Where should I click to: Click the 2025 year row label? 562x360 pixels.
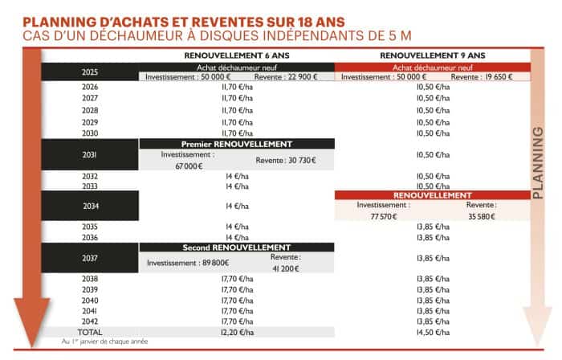click(90, 72)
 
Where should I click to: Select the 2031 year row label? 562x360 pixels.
click(90, 154)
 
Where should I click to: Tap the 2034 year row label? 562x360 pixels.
click(90, 206)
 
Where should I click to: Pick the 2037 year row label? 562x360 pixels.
click(90, 258)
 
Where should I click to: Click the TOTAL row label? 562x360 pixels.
click(90, 331)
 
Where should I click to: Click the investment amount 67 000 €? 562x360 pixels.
click(187, 166)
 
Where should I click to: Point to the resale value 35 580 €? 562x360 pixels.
click(481, 217)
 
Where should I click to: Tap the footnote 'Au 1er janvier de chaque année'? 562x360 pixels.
click(104, 342)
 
